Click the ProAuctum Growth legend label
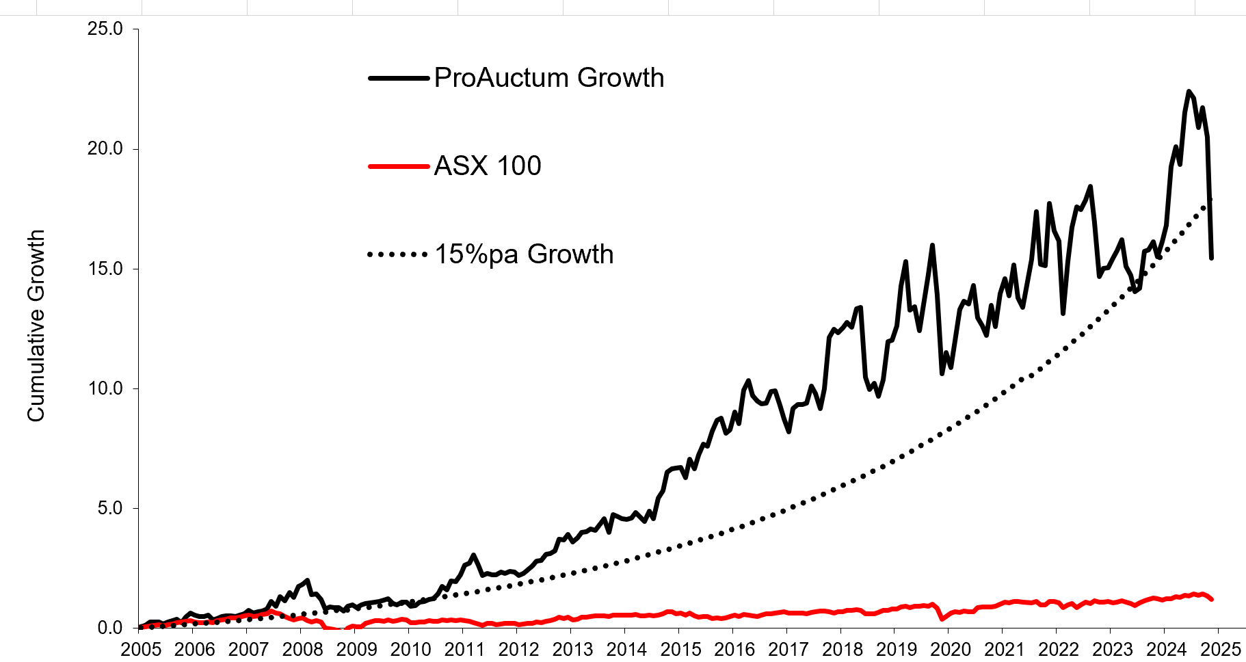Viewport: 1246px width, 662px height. click(548, 78)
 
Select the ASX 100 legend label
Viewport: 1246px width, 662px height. click(487, 166)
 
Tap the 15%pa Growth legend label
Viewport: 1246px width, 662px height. click(524, 254)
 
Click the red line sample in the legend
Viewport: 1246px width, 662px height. click(398, 166)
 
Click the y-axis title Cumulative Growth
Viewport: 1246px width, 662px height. click(36, 326)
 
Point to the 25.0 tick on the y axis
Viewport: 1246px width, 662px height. click(105, 29)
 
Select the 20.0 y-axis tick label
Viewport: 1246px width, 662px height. click(105, 148)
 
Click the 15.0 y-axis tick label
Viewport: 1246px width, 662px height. click(105, 269)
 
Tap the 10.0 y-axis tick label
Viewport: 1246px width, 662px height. click(105, 388)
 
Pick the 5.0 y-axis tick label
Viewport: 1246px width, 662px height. click(109, 508)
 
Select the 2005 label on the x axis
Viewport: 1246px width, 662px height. click(141, 649)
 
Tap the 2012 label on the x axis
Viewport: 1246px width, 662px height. click(518, 649)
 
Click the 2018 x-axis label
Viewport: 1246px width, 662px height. click(843, 649)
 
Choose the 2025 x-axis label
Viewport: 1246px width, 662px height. click(1221, 649)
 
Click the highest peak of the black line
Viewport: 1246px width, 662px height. click(1189, 91)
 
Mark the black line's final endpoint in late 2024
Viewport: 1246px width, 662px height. click(1212, 258)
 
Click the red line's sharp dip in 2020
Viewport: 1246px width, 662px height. click(942, 619)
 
